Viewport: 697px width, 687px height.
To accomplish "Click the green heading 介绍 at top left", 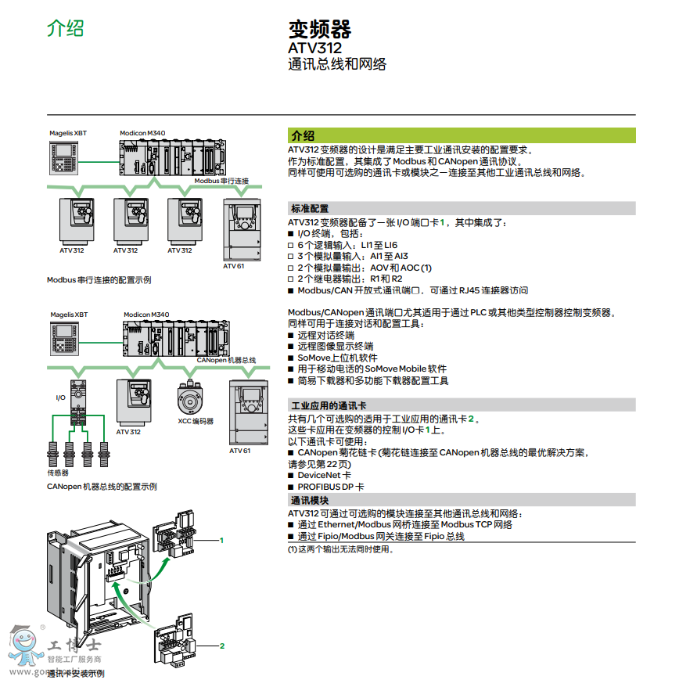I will (x=65, y=28).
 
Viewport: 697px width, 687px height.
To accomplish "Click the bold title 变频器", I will (x=320, y=30).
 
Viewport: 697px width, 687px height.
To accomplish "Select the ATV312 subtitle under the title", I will (x=315, y=48).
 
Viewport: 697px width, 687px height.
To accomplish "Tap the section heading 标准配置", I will (x=310, y=208).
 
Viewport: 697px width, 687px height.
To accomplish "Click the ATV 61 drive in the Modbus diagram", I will (x=242, y=229).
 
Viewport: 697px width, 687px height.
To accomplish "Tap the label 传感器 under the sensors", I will (x=58, y=473).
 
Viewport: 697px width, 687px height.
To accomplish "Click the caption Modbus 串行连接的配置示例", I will (x=99, y=279).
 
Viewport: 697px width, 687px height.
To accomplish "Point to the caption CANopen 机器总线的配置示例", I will (x=102, y=487).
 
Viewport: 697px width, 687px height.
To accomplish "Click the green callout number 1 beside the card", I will (x=221, y=540).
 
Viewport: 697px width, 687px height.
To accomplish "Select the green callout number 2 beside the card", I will (x=221, y=646).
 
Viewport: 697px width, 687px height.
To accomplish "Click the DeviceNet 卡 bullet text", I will (x=324, y=475).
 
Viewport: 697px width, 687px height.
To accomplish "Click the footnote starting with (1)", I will (x=341, y=549).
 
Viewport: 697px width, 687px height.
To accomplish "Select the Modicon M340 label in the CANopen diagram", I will (x=146, y=315).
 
